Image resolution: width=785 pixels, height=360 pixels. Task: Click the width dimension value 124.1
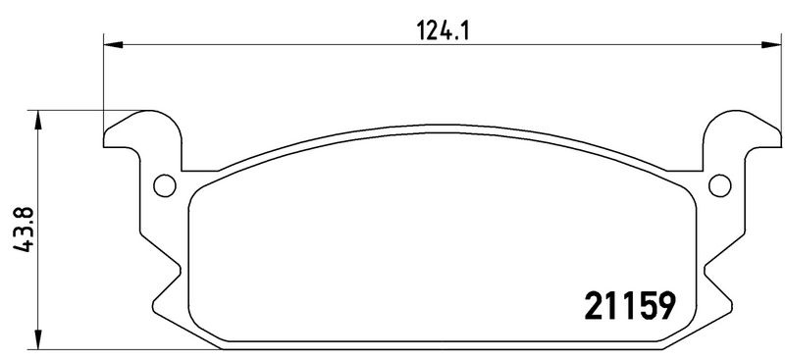click(443, 32)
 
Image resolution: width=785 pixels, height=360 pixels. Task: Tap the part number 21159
click(630, 305)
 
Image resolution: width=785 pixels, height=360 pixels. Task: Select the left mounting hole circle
click(165, 185)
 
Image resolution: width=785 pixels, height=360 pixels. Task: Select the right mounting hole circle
click(720, 185)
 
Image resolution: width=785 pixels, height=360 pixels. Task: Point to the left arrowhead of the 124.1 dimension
click(113, 45)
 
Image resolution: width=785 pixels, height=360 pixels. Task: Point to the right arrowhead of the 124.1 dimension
click(771, 45)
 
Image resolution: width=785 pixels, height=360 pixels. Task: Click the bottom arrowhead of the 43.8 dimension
click(37, 339)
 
